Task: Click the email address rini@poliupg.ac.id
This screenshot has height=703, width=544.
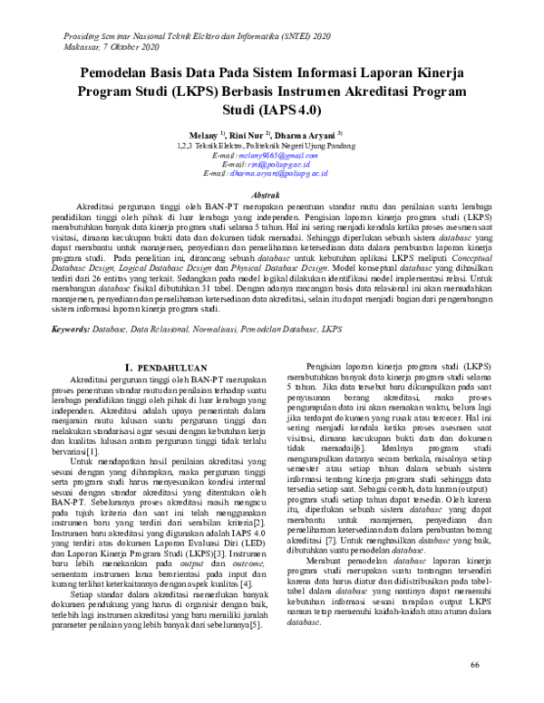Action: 264,164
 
